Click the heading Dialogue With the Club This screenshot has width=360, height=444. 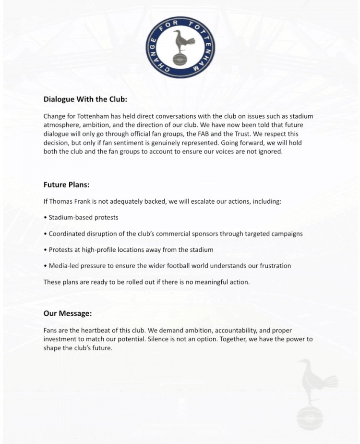[85, 99]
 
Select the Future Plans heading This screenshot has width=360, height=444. [66, 185]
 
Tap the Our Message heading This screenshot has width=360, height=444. [67, 313]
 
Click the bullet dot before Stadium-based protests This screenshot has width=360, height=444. [45, 218]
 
